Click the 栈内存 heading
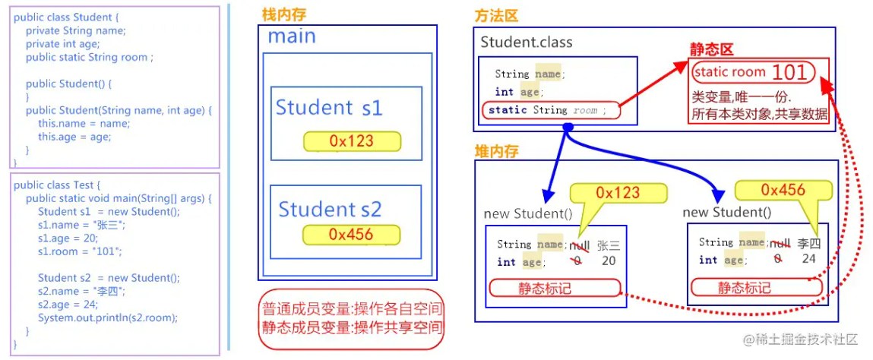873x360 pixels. pyautogui.click(x=284, y=16)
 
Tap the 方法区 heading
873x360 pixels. pyautogui.click(x=496, y=16)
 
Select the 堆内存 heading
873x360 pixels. pyautogui.click(x=497, y=151)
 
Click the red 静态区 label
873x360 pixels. pyautogui.click(x=711, y=49)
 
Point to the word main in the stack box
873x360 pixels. pyautogui.click(x=292, y=36)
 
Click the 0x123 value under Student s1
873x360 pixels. pyautogui.click(x=352, y=141)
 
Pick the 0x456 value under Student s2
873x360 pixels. pyautogui.click(x=351, y=234)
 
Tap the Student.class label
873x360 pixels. pyautogui.click(x=526, y=43)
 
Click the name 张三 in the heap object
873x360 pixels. pyautogui.click(x=609, y=245)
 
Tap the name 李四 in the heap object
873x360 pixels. pyautogui.click(x=809, y=243)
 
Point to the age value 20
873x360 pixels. pyautogui.click(x=609, y=261)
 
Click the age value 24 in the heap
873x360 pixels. pyautogui.click(x=808, y=259)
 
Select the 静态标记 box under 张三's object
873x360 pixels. pyautogui.click(x=555, y=288)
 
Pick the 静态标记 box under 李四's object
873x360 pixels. pyautogui.click(x=757, y=287)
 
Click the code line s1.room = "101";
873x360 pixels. pyautogui.click(x=79, y=251)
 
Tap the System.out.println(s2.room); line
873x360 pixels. pyautogui.click(x=107, y=317)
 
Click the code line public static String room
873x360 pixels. pyautogui.click(x=89, y=57)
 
